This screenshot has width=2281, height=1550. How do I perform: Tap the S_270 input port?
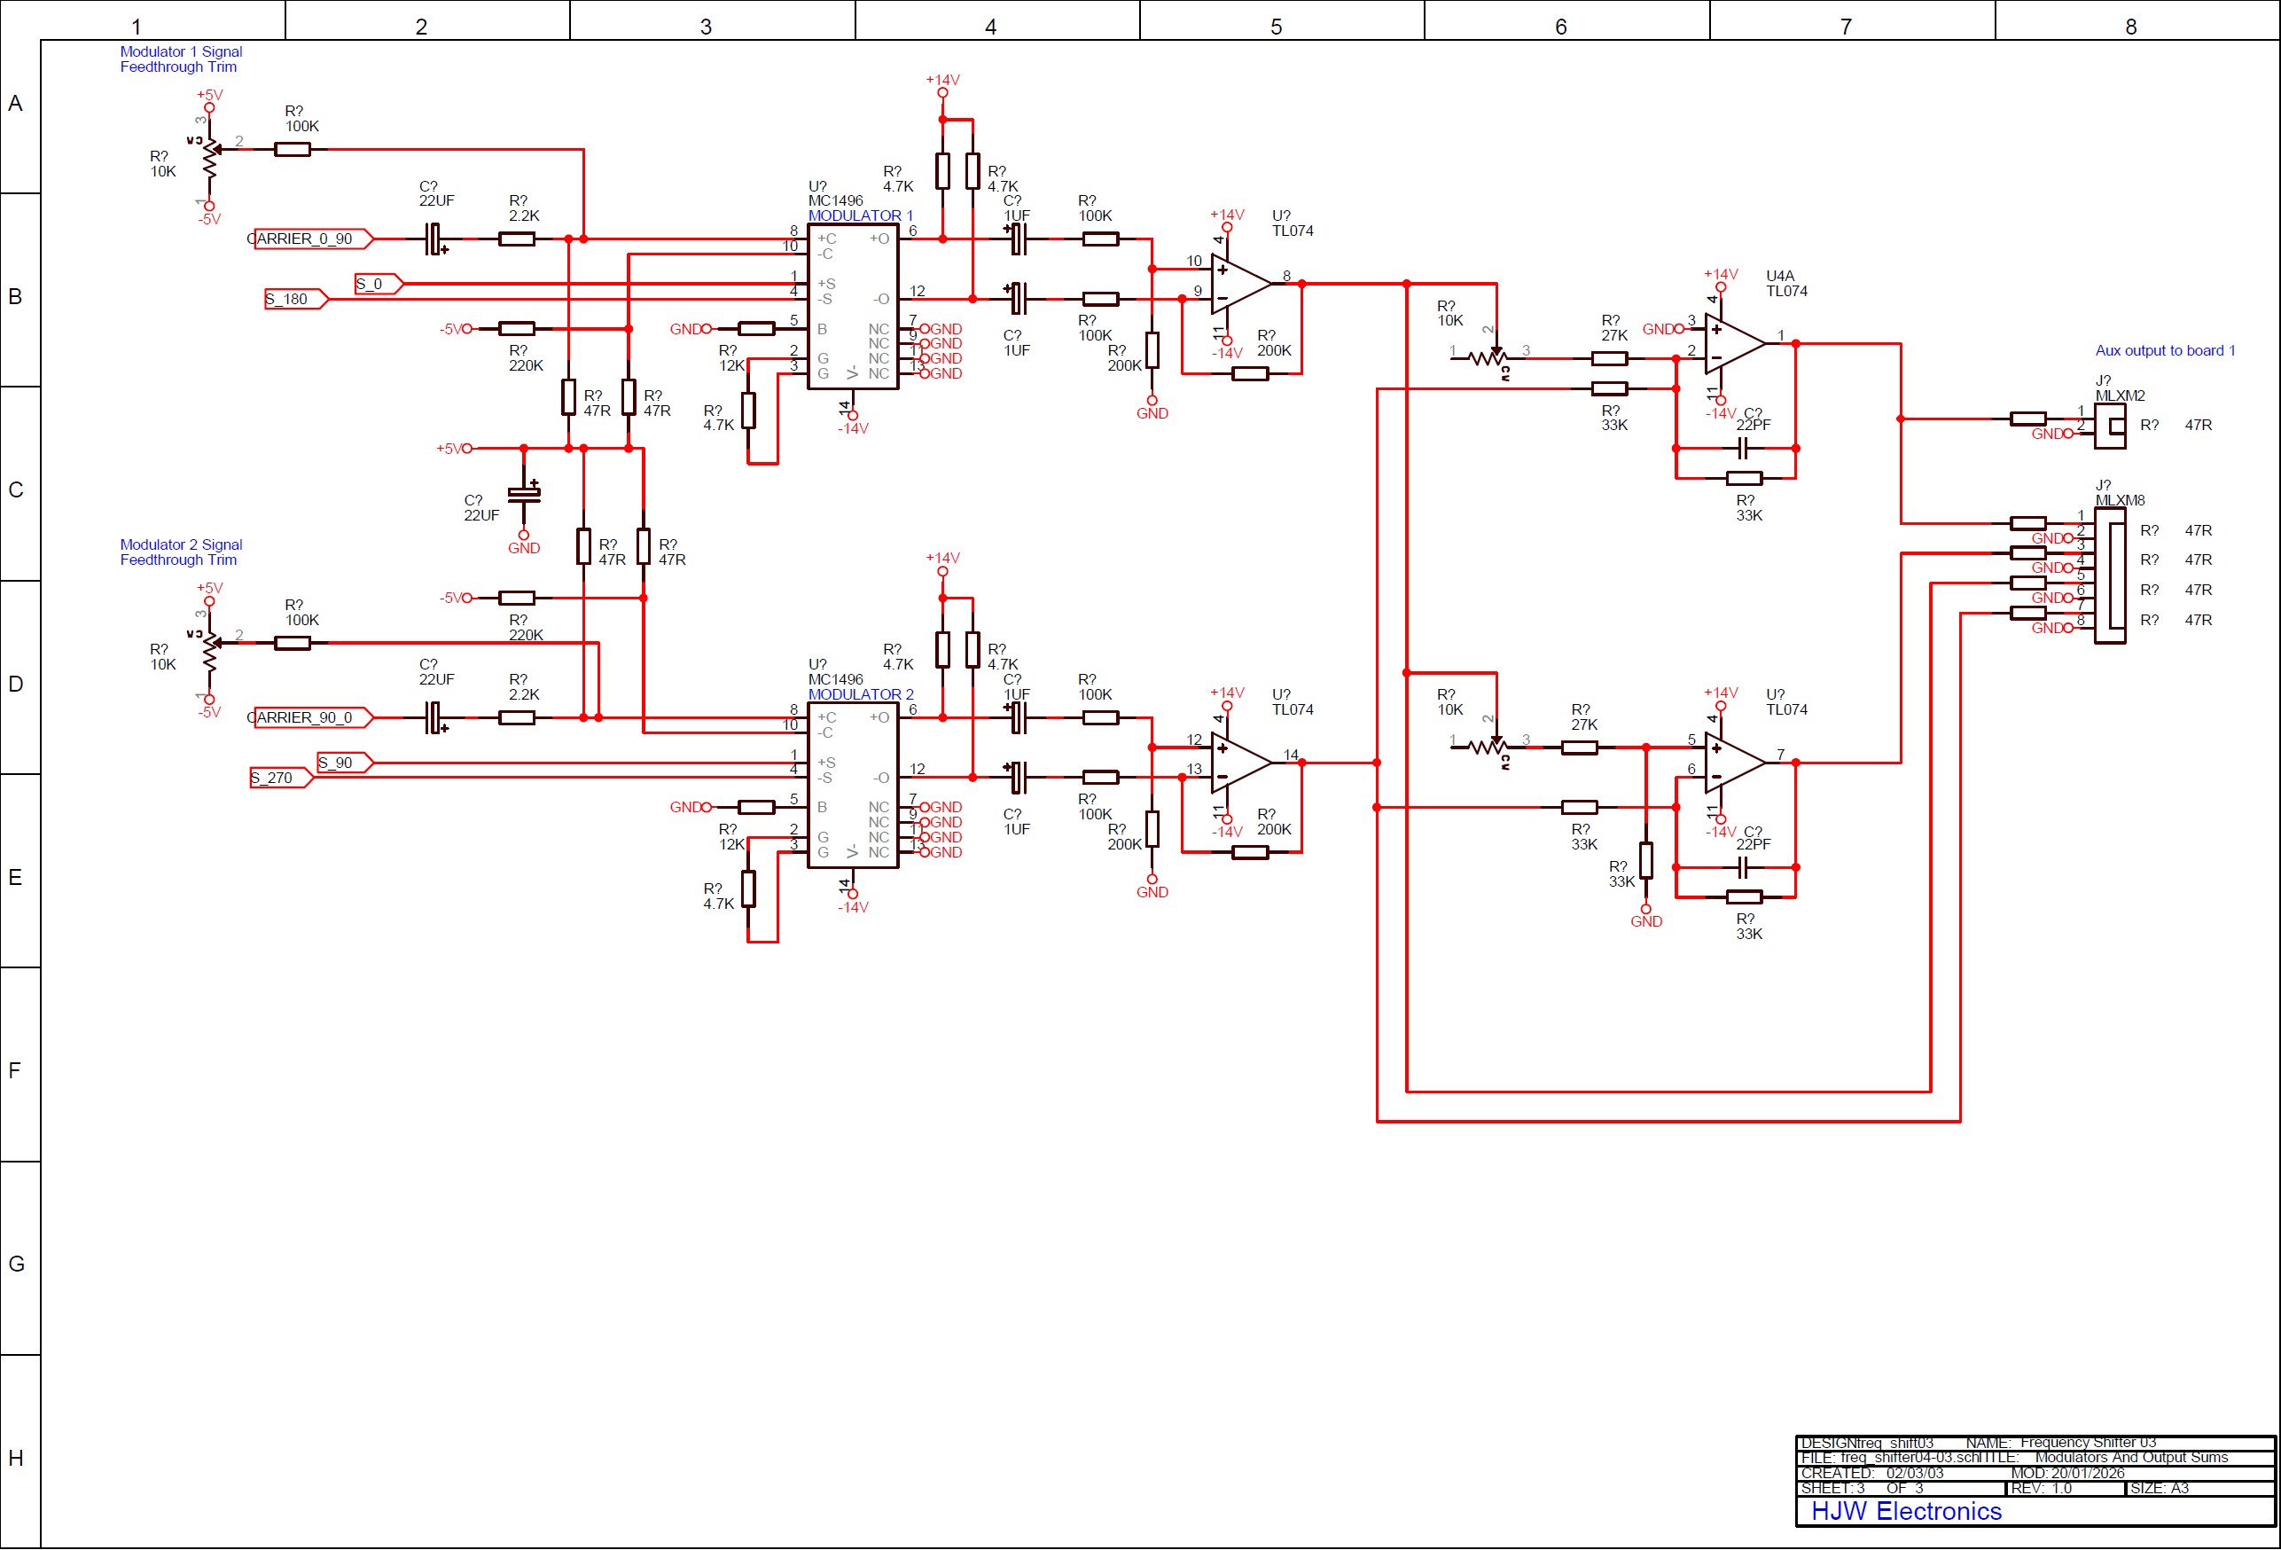click(x=278, y=778)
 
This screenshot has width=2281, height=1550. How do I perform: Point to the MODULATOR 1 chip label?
click(x=860, y=215)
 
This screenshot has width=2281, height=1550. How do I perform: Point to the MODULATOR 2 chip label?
click(x=860, y=694)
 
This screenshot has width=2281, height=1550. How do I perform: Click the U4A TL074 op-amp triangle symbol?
click(x=1733, y=343)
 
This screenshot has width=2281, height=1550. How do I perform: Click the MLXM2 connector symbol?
click(x=2109, y=425)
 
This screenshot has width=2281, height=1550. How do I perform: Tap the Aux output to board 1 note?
click(x=2164, y=350)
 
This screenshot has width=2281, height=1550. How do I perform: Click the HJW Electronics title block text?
click(x=1905, y=1511)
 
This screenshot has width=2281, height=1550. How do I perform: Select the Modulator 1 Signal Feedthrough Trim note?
click(x=181, y=59)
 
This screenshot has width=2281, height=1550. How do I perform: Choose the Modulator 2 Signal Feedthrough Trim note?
click(x=181, y=552)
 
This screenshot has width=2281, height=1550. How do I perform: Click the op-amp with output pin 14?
click(x=1239, y=763)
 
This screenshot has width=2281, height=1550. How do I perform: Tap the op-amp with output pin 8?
click(x=1239, y=284)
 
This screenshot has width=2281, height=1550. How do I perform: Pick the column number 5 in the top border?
click(x=1276, y=27)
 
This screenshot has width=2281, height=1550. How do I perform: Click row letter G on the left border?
click(x=16, y=1264)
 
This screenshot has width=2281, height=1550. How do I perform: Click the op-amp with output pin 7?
click(x=1733, y=763)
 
